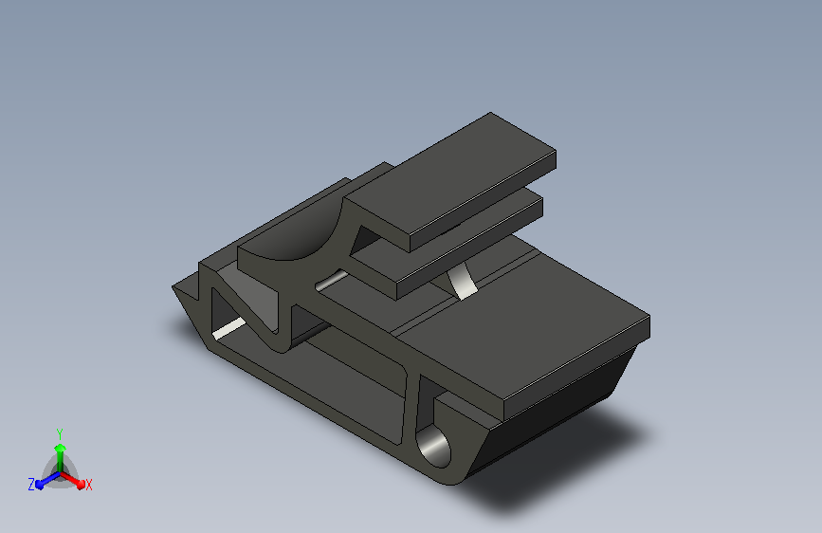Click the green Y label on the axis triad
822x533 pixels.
point(60,434)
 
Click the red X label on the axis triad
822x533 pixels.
point(88,485)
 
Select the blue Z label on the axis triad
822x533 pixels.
point(31,485)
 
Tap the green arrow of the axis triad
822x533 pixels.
point(61,458)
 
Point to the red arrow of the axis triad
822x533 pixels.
point(72,480)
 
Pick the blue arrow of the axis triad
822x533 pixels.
point(48,480)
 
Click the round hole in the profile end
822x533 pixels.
point(434,447)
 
